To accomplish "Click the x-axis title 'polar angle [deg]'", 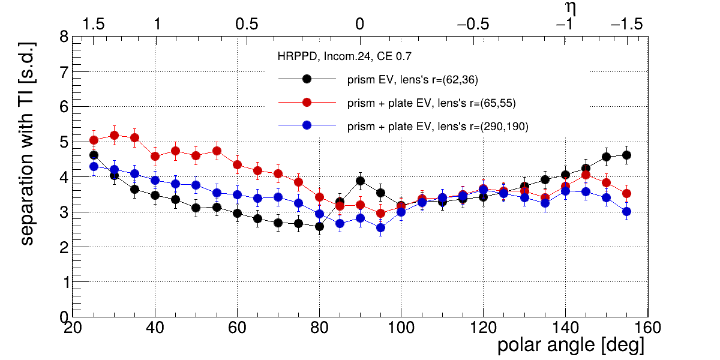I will tap(571, 346).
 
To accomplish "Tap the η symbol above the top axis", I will tap(571, 8).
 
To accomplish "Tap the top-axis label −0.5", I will tap(473, 25).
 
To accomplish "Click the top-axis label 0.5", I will tap(247, 25).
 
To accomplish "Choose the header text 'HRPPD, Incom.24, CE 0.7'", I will tap(344, 57).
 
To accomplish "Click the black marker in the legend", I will tap(307, 79).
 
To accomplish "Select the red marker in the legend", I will tap(307, 103).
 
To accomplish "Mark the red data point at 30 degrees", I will tap(115, 135).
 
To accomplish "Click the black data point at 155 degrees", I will tap(626, 155).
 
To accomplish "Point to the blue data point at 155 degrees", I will tap(626, 211).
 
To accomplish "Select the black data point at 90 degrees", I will tap(360, 181).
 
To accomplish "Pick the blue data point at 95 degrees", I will tap(380, 227).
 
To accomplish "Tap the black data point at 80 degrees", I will tap(319, 226).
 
